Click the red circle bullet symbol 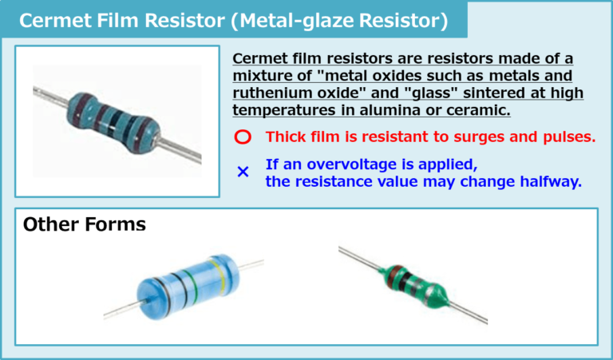click(243, 137)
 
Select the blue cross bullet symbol click(243, 172)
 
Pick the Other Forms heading click(85, 224)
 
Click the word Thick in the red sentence click(284, 136)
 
